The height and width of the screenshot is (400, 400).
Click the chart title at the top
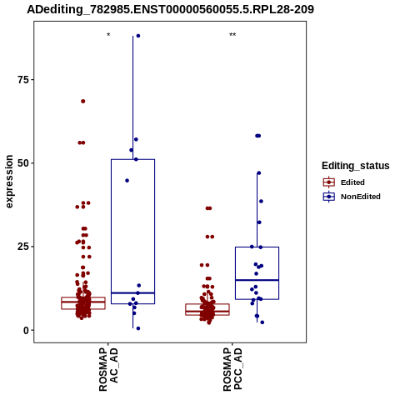tap(170, 9)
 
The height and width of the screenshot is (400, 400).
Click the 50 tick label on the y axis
tap(23, 163)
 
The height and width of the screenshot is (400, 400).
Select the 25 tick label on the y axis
tap(23, 247)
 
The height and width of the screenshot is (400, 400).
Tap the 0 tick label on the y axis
tap(26, 331)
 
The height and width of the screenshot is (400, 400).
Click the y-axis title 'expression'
tap(9, 182)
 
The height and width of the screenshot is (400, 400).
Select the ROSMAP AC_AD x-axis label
tap(108, 369)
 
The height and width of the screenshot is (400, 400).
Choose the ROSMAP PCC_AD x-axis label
tap(232, 369)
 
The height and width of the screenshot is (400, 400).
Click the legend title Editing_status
tap(356, 166)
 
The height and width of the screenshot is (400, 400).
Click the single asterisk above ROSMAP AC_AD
tap(108, 35)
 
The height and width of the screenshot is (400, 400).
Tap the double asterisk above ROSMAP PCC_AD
tap(232, 35)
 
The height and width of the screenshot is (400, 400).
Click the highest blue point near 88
tap(138, 36)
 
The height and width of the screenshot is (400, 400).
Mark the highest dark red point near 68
tap(83, 102)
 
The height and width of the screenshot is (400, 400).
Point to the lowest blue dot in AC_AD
tap(138, 328)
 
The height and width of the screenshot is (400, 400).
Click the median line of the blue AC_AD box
tap(132, 293)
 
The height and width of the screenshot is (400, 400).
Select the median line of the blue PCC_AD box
tap(257, 280)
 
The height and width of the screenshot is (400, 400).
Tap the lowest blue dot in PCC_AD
tap(262, 322)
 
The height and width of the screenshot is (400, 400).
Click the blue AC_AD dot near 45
tap(127, 181)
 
